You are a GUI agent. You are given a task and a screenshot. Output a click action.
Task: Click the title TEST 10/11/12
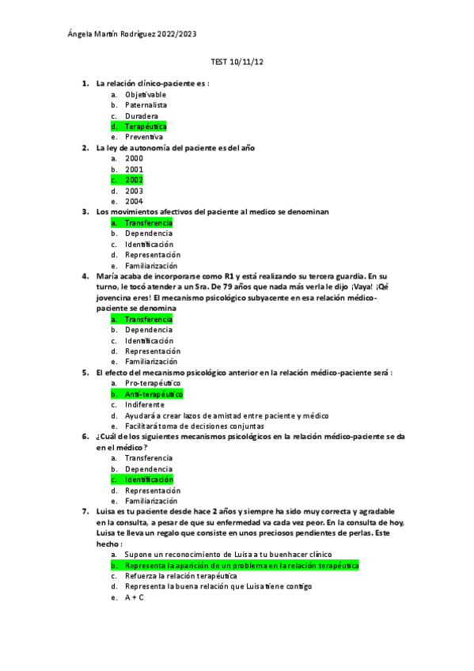pos(237,62)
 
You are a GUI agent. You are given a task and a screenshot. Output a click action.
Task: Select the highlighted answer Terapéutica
pos(146,127)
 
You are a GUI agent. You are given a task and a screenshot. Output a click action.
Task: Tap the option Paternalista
pos(146,105)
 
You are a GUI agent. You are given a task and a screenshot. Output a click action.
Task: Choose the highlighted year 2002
pos(134,180)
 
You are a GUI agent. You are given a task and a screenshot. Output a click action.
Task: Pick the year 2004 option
pos(134,201)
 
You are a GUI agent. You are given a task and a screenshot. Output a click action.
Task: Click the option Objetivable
pos(146,95)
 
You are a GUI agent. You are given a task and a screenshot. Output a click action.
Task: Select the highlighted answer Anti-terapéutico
pos(154,393)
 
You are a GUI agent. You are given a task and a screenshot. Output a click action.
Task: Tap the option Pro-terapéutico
pos(153,383)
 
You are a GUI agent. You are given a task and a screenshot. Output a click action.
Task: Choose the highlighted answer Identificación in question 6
pos(149,480)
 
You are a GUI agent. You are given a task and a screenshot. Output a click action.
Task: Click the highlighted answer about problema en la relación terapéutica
pos(241,566)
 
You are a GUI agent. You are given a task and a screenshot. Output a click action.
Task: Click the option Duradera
pos(142,116)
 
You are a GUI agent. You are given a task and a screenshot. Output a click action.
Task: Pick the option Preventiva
pos(144,137)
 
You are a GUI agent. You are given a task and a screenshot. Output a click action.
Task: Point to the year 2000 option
pos(134,158)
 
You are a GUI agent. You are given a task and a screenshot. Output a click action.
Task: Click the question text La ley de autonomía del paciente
pos(175,148)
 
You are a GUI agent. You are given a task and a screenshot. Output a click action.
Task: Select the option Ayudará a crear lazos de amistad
pos(226,415)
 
